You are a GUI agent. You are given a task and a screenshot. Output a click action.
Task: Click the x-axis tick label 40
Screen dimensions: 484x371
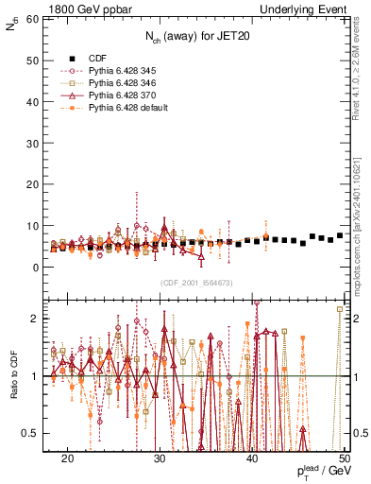pyautogui.click(x=252, y=458)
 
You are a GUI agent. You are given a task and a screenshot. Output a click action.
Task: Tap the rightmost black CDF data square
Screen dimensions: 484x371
pyautogui.click(x=340, y=235)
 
